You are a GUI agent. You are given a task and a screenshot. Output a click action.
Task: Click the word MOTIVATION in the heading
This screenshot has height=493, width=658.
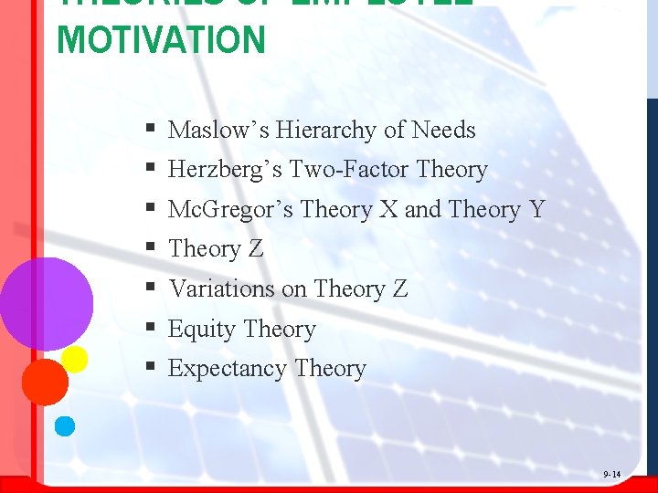(x=161, y=40)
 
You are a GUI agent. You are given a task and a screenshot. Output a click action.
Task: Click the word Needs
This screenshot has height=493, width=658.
(x=443, y=131)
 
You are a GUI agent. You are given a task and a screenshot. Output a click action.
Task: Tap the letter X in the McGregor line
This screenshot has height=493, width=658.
(x=388, y=210)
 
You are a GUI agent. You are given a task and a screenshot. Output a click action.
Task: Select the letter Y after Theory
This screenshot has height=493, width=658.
(x=536, y=210)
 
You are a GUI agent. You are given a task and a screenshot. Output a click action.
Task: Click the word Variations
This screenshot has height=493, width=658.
(x=222, y=289)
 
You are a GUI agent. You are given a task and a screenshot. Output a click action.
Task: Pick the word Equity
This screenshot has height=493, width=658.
(x=200, y=330)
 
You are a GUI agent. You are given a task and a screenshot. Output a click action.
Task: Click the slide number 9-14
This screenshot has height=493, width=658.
(x=611, y=475)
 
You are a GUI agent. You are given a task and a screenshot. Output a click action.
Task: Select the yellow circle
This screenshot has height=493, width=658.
(x=74, y=359)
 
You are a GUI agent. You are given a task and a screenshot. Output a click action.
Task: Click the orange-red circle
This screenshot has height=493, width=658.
(x=45, y=382)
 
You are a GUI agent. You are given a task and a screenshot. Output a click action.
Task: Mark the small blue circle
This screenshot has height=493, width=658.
(x=65, y=425)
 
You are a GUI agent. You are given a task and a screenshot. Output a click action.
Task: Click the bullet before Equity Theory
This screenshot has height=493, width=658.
(x=148, y=329)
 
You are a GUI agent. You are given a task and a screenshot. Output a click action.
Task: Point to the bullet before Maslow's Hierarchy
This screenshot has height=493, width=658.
(x=148, y=131)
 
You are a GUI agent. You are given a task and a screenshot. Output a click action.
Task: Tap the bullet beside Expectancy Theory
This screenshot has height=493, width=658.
(x=148, y=369)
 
